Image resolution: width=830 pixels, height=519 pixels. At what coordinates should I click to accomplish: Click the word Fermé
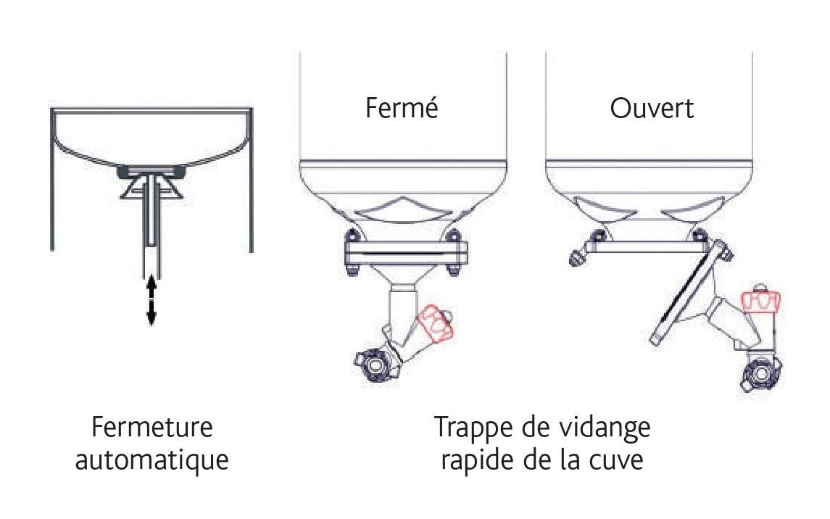point(402,108)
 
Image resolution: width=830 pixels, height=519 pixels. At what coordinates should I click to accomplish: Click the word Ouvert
point(652,109)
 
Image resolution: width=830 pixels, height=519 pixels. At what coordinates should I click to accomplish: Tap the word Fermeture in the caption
point(152,427)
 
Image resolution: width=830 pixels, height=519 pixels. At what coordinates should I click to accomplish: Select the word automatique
point(152,460)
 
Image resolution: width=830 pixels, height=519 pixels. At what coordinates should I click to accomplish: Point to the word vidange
point(606,428)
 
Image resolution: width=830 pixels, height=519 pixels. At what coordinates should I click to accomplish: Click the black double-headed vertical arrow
point(152,300)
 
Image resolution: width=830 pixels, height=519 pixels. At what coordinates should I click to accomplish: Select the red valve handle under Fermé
point(435,323)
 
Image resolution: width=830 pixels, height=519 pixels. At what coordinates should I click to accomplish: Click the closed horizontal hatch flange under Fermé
point(407,253)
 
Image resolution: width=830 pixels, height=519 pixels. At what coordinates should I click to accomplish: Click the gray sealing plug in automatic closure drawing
point(152,171)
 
